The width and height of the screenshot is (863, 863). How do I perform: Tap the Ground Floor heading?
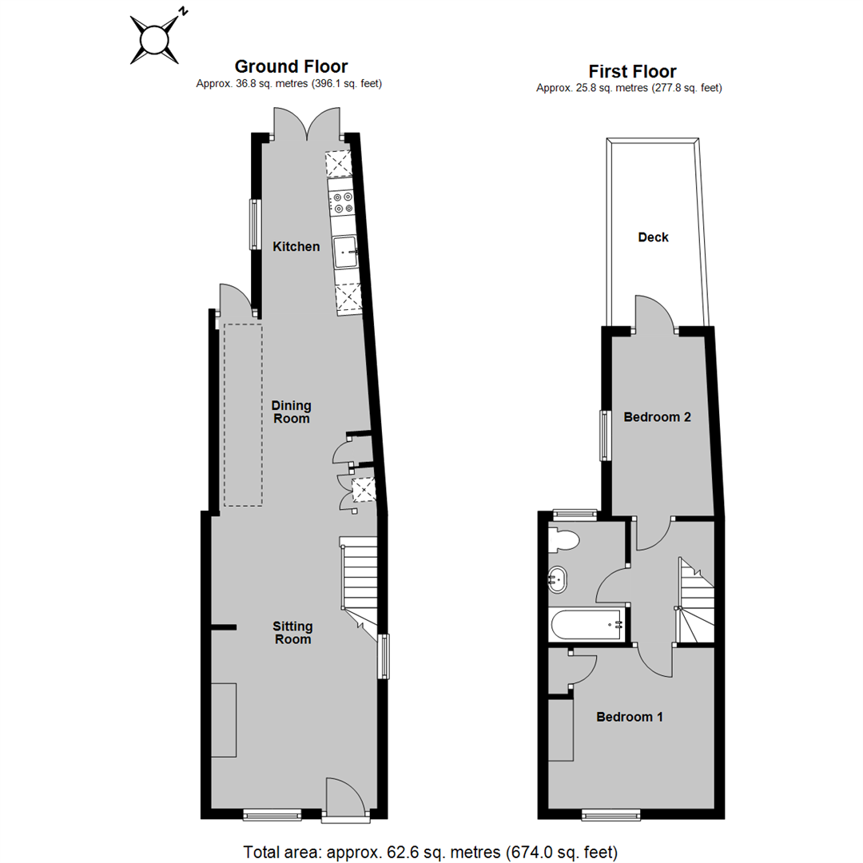[x=290, y=66]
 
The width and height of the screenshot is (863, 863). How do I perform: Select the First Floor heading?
[x=632, y=71]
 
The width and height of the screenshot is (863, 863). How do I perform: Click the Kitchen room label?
[x=296, y=247]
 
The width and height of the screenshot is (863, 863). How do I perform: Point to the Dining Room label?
[x=290, y=412]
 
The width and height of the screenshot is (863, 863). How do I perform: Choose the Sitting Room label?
[x=292, y=632]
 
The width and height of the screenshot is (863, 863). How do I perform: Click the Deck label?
[x=653, y=237]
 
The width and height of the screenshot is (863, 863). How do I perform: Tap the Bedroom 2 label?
[x=657, y=417]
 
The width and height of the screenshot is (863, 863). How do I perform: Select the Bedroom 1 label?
[x=630, y=717]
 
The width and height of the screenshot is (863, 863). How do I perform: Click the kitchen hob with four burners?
[x=343, y=203]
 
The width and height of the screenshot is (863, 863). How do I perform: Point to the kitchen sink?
[x=346, y=253]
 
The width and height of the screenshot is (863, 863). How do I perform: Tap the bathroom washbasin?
[x=558, y=579]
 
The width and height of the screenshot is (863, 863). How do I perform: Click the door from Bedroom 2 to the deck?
[x=656, y=313]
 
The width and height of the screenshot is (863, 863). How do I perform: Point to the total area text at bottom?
[x=431, y=850]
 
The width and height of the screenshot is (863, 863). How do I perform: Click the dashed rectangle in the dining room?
[x=243, y=415]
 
